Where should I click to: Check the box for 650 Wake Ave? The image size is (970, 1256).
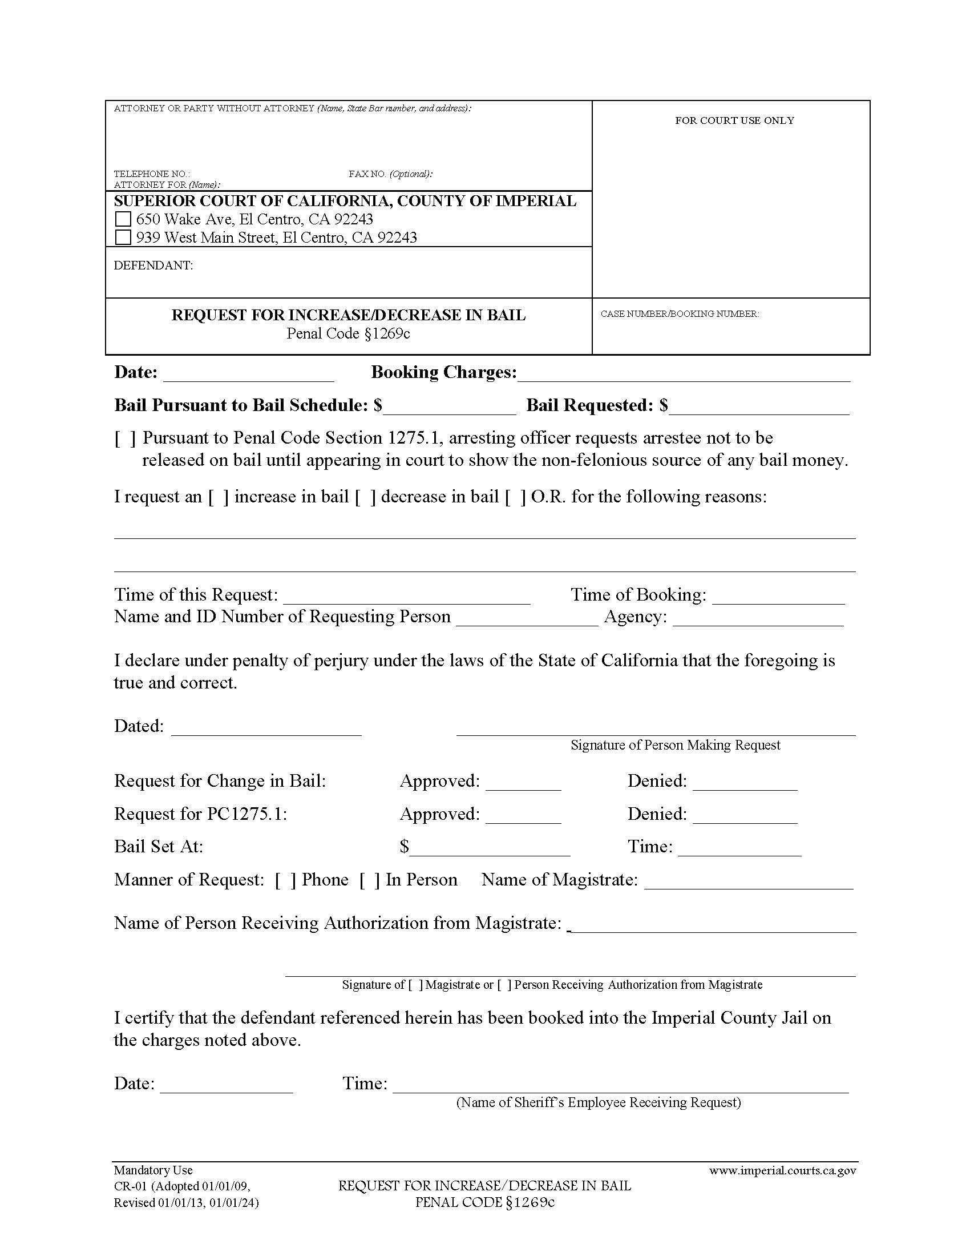click(x=123, y=219)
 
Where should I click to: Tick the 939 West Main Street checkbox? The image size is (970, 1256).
click(x=123, y=237)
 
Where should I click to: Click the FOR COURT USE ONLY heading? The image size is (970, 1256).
click(x=734, y=121)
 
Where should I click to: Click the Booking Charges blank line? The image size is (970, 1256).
click(x=683, y=374)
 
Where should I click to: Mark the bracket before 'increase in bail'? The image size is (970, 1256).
click(x=219, y=497)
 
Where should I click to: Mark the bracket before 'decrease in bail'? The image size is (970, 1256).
click(x=365, y=497)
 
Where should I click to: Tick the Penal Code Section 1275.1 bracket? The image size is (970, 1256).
click(x=126, y=439)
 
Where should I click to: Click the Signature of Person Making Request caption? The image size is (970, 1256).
click(x=675, y=745)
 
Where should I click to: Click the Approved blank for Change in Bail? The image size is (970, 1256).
click(x=523, y=783)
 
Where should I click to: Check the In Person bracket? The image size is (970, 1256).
click(x=370, y=880)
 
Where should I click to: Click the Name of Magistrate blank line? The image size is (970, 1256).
click(x=749, y=882)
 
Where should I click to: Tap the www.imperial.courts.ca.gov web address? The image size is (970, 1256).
click(x=782, y=1170)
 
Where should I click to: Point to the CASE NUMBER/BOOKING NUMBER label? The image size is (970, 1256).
click(x=680, y=314)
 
